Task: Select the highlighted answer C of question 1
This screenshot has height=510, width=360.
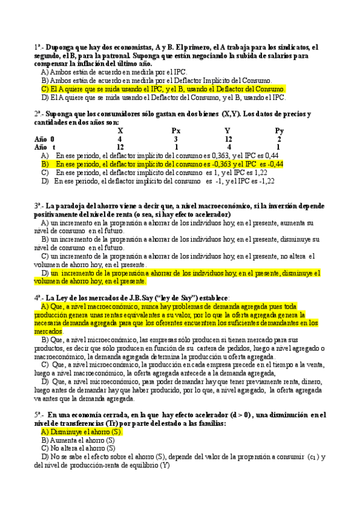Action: click(x=163, y=89)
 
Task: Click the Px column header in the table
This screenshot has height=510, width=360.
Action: click(x=175, y=130)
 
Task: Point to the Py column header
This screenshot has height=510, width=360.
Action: click(x=279, y=130)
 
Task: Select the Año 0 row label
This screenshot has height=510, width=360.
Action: click(x=44, y=138)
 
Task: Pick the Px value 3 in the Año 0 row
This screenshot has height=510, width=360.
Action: click(x=175, y=138)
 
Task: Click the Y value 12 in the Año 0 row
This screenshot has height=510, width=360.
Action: click(x=228, y=138)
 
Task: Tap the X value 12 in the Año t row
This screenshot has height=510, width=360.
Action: click(x=120, y=147)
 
